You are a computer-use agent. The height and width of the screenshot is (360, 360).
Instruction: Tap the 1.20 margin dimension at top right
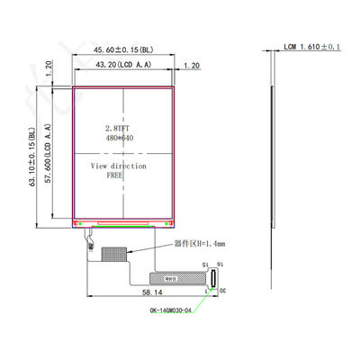pyautogui.click(x=192, y=66)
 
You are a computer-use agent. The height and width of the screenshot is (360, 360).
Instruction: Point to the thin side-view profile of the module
pyautogui.click(x=271, y=153)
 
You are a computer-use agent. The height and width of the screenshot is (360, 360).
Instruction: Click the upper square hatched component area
pyautogui.click(x=115, y=256)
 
